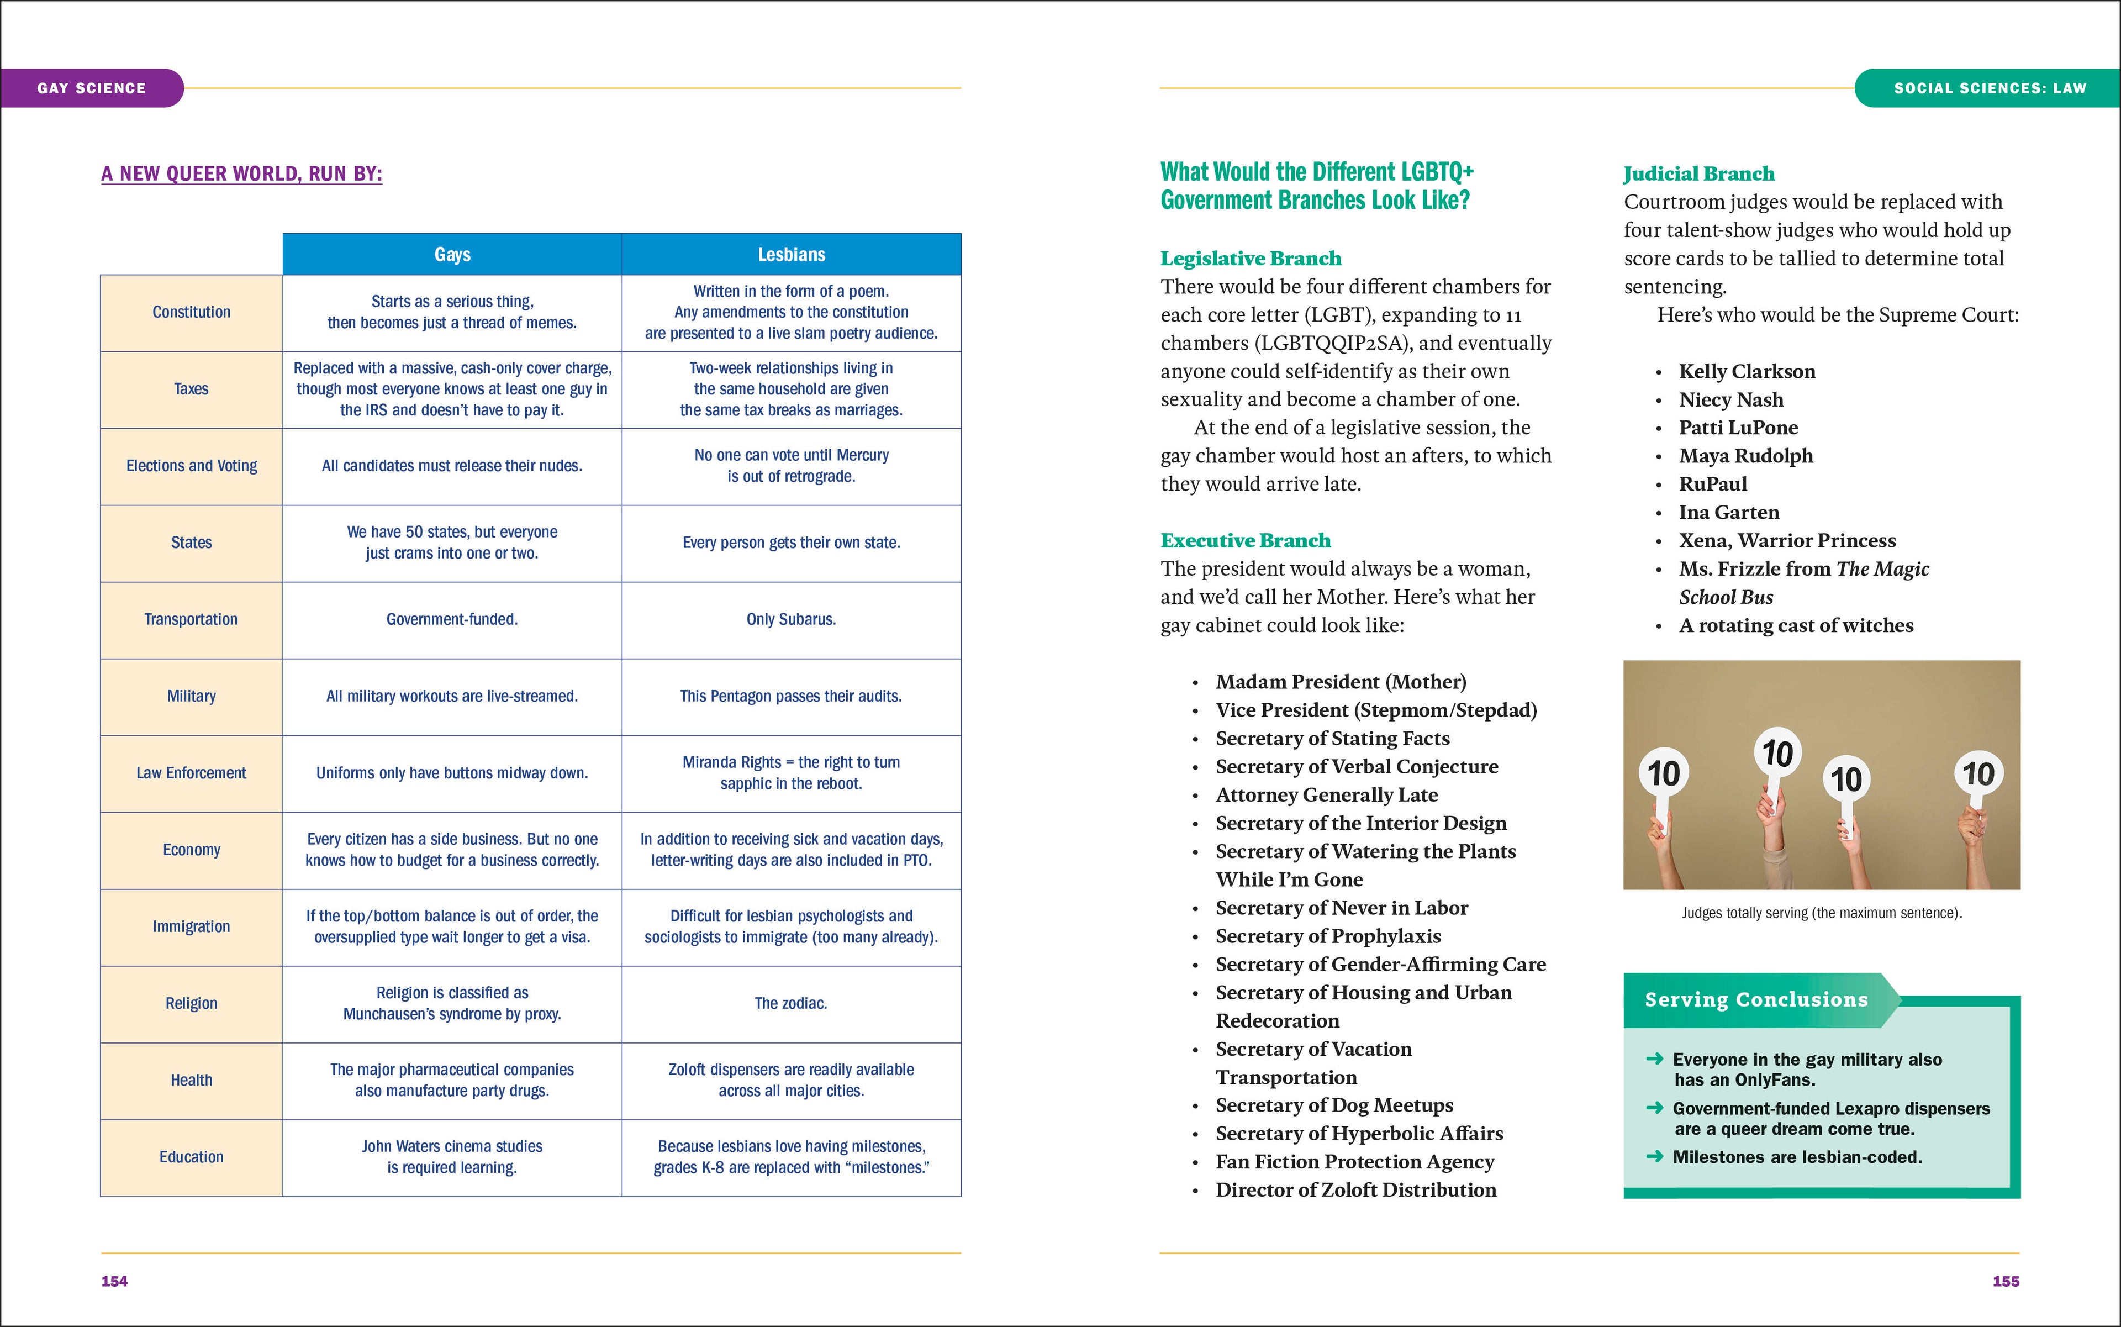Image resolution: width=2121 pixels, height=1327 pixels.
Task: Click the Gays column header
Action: pos(452,255)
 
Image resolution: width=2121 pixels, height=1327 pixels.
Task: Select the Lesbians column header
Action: pos(790,255)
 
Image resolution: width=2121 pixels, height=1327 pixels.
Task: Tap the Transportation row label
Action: pos(191,620)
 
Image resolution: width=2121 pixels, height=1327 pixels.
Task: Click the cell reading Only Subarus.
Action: pos(790,620)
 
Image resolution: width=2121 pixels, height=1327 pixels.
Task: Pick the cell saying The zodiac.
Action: pos(790,1003)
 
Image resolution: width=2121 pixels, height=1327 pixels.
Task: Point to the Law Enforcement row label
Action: pos(191,773)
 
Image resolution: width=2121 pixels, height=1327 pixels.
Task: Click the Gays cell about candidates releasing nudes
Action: pos(452,466)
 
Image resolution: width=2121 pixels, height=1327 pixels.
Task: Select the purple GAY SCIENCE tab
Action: pos(91,88)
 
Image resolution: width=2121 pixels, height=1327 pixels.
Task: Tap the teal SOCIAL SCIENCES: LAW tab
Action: pos(1990,88)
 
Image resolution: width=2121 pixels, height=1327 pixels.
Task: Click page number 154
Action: pos(114,1281)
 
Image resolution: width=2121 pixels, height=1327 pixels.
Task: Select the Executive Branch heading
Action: pos(1244,541)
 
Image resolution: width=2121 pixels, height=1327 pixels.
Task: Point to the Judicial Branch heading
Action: pos(1698,174)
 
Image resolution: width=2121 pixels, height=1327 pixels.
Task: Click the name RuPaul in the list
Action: pos(1712,485)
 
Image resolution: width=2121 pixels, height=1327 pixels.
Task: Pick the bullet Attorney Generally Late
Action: pos(1326,795)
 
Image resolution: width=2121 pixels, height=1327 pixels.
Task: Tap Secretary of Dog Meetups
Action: pos(1334,1106)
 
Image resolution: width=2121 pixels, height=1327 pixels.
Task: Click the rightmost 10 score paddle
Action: pos(1978,774)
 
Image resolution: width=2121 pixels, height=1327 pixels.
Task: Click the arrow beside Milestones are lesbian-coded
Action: pos(1654,1157)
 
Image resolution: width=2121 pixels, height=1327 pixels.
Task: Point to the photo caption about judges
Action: pos(1821,913)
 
